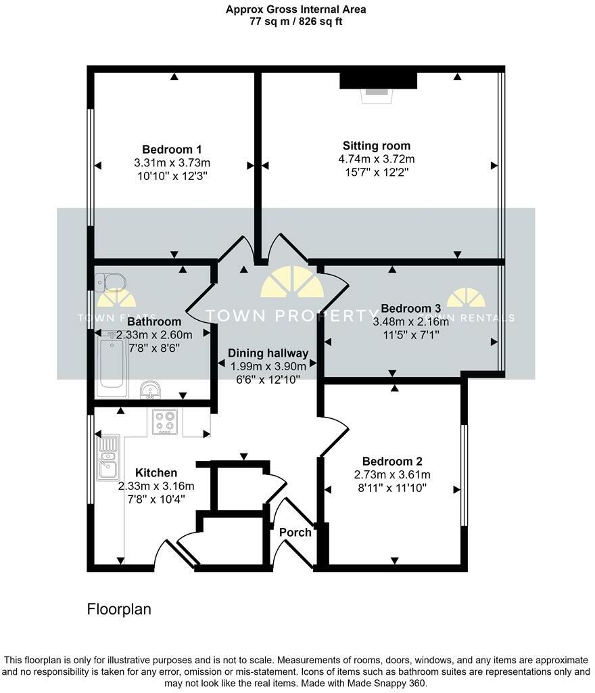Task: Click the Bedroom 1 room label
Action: (x=172, y=150)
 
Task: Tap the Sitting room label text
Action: (x=377, y=146)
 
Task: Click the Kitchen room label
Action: (x=156, y=473)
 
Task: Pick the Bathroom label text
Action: (x=155, y=322)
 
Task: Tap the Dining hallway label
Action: (x=268, y=353)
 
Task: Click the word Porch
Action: (x=295, y=533)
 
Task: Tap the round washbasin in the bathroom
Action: (x=150, y=390)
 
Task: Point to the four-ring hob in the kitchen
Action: (x=164, y=422)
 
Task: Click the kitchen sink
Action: (x=108, y=458)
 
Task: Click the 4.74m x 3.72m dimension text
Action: (x=377, y=159)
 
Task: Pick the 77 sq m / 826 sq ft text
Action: (x=297, y=22)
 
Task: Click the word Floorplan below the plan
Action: (x=119, y=609)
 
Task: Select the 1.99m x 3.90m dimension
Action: (x=268, y=365)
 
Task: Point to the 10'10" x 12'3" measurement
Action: (x=172, y=175)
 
